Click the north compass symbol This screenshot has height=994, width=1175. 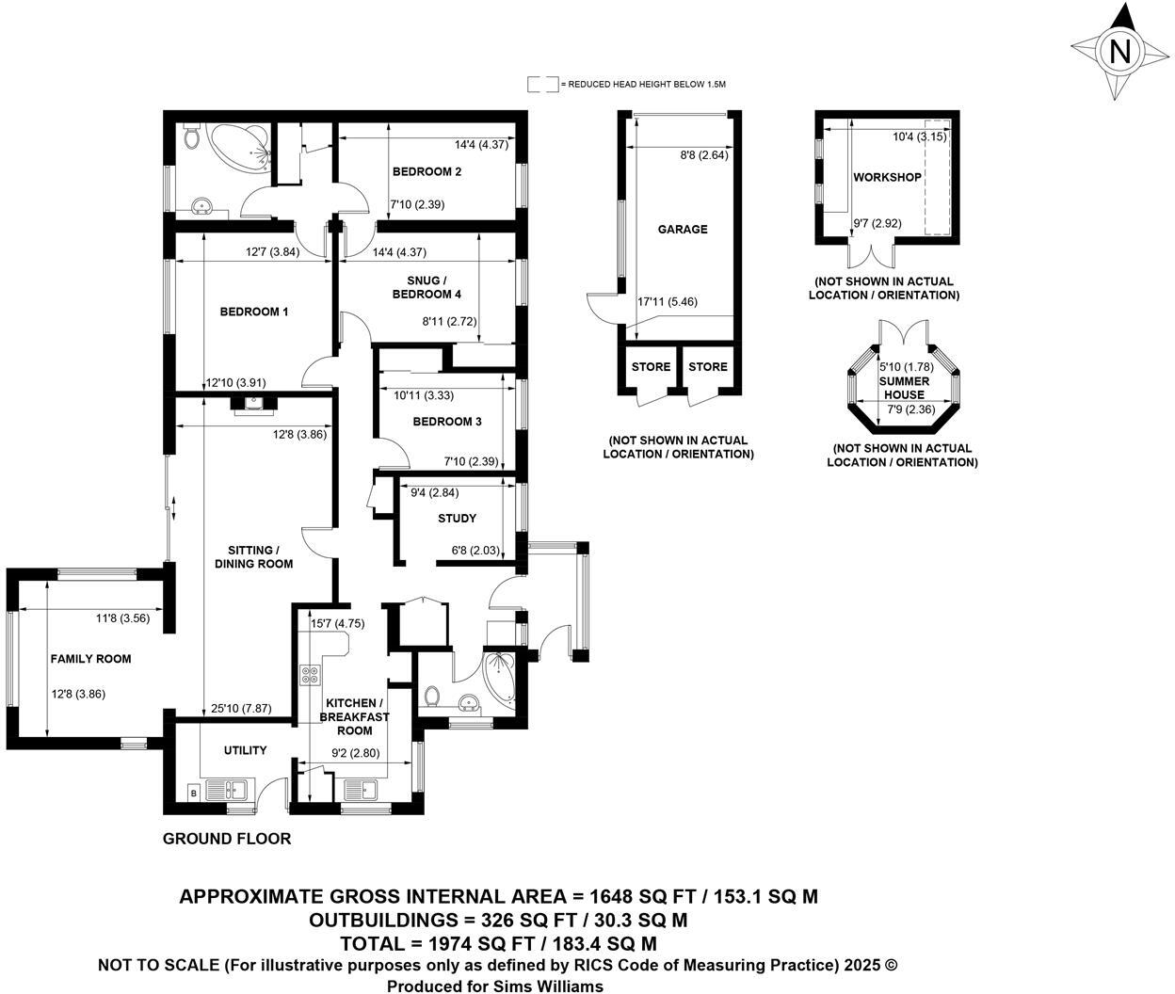(x=1119, y=51)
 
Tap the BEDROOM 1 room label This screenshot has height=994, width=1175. (x=254, y=312)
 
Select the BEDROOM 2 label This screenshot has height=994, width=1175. (x=427, y=171)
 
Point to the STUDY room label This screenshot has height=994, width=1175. (x=457, y=519)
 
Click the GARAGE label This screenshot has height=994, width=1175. (x=683, y=229)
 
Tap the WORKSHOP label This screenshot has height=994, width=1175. (x=887, y=177)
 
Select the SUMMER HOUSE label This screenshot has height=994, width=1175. (x=904, y=388)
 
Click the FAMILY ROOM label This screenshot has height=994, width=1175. (x=90, y=659)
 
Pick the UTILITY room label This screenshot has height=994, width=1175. (x=245, y=750)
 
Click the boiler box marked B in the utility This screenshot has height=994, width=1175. (x=194, y=794)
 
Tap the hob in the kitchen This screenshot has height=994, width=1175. (x=310, y=674)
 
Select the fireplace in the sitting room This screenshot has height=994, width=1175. (x=254, y=404)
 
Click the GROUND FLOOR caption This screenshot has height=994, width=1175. (x=227, y=839)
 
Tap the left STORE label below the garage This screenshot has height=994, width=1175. (x=651, y=366)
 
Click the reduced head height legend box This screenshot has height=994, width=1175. (x=542, y=85)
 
